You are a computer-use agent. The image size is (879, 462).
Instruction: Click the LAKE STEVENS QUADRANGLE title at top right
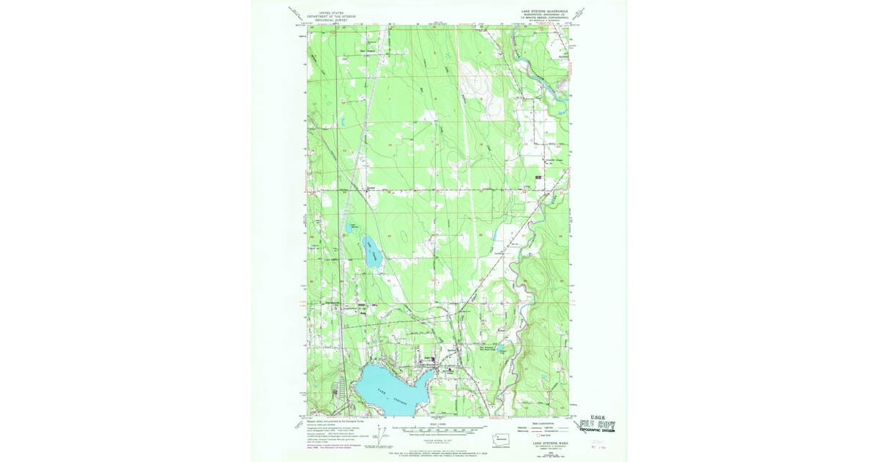pyautogui.click(x=544, y=12)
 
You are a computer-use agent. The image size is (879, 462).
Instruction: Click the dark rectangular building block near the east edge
pyautogui.click(x=540, y=177)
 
